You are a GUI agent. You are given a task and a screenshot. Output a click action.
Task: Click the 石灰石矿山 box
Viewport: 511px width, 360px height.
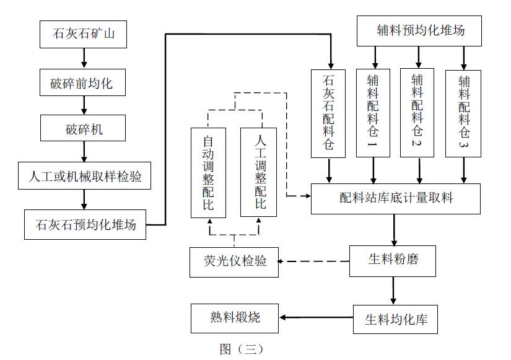[x=84, y=34]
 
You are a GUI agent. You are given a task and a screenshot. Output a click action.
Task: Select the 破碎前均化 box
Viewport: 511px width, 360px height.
[x=84, y=82]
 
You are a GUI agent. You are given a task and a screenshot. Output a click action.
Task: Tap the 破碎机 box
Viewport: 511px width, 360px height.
[x=84, y=130]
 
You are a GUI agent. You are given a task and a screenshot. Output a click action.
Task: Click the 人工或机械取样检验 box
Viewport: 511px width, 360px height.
[x=84, y=177]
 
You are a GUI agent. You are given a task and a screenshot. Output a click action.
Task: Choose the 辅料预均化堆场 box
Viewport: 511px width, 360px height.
[x=419, y=30]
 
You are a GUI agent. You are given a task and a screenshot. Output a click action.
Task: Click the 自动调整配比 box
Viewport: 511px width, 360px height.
[x=208, y=172]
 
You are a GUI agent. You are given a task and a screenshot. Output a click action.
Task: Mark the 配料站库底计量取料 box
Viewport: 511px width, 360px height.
[x=396, y=198]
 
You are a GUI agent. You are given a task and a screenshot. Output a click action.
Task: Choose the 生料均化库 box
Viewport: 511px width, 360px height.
[x=395, y=320]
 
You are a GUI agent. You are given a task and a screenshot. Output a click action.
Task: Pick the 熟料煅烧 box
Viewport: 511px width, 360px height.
[x=235, y=318]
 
